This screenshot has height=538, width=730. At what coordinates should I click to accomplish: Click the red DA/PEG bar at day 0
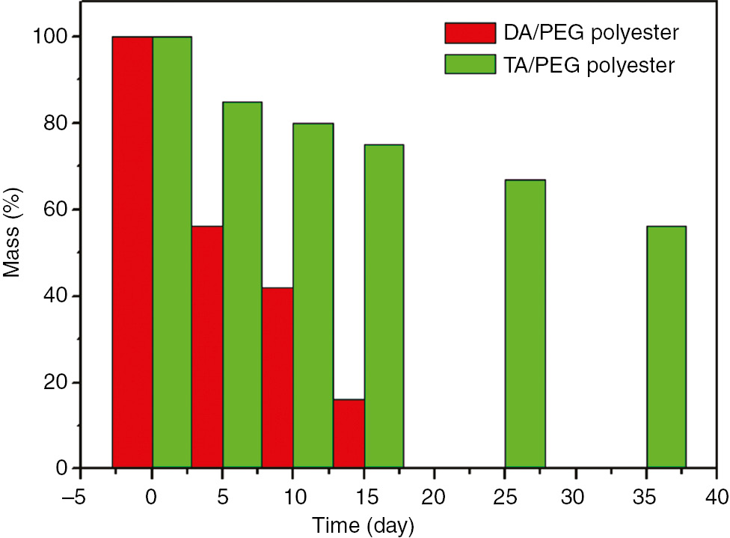(132, 252)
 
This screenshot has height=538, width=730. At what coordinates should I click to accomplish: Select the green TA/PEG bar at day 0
(172, 252)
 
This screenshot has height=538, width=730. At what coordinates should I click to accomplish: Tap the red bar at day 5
(207, 347)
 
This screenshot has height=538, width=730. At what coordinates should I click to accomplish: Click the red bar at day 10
(277, 378)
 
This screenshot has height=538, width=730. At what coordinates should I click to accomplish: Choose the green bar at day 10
(313, 296)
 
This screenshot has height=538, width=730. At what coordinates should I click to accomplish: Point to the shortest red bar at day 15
(349, 434)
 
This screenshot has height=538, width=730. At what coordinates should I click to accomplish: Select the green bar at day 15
(384, 307)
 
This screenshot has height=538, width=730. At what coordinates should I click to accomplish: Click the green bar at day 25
(525, 324)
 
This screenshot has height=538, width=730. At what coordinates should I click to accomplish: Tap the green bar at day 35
(666, 347)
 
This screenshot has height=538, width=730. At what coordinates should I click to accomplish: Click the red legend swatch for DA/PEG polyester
(470, 33)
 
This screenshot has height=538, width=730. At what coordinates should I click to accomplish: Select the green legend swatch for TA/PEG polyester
(470, 64)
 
